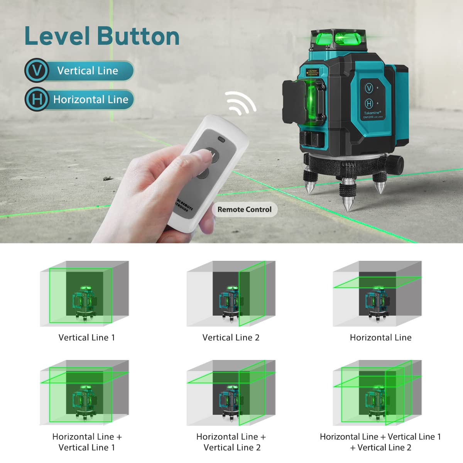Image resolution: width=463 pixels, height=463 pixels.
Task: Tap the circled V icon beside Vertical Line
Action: pos(37,71)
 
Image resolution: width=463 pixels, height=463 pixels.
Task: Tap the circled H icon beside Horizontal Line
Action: pos(37,100)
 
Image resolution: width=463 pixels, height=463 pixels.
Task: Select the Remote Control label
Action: pos(245,210)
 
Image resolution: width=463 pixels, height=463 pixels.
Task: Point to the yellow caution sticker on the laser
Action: pos(313,72)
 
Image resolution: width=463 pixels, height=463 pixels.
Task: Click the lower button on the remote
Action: pos(202,174)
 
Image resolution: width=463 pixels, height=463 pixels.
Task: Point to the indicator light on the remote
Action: pos(221,139)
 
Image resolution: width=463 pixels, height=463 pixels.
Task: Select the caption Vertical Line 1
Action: pos(87,338)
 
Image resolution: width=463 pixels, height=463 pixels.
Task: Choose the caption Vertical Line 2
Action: pos(231,338)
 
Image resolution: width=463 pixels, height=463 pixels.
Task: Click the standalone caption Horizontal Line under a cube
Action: pos(380,338)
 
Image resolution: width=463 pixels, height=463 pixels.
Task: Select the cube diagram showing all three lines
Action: pos(377,393)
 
